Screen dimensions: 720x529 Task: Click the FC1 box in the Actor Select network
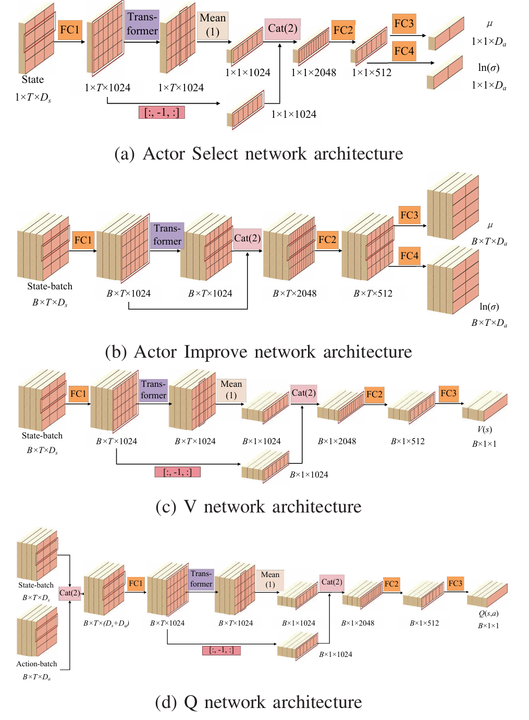tap(69, 29)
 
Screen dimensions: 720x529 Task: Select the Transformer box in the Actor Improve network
tap(167, 235)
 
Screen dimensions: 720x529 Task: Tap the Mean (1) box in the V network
tap(231, 389)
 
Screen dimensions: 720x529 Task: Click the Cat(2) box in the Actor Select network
tap(282, 28)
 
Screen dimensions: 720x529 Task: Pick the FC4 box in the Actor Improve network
tap(409, 255)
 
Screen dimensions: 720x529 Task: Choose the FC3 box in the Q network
tap(455, 583)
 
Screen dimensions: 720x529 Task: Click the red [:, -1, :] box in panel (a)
tap(162, 112)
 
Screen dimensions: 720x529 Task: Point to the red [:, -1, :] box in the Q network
tap(222, 650)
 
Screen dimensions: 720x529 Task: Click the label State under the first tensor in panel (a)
tap(33, 80)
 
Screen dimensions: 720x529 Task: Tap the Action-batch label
tap(36, 664)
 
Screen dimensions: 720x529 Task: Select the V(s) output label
tap(485, 429)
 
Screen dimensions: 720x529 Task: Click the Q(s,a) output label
tap(488, 613)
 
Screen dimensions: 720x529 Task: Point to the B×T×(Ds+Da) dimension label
tap(106, 623)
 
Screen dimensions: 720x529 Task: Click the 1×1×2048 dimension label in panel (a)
tap(313, 72)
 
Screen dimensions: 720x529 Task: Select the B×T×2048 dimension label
tap(294, 294)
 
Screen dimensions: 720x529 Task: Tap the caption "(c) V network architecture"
tap(259, 506)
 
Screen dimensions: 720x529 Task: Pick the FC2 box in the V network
tap(374, 394)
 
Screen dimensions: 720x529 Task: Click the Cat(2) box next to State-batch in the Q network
tap(69, 593)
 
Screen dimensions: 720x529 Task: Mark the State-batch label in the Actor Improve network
tap(50, 286)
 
